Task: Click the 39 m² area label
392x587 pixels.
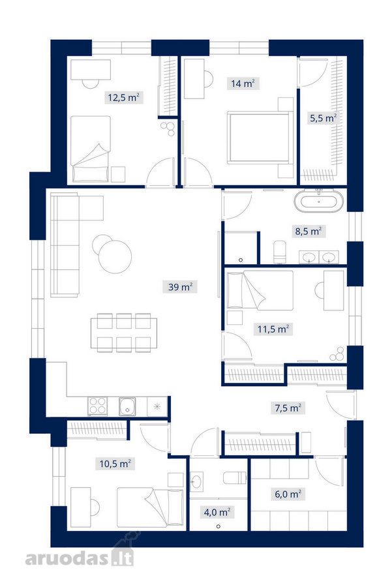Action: [180, 287]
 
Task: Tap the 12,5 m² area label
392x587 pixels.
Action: [123, 98]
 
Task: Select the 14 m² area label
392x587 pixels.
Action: [243, 83]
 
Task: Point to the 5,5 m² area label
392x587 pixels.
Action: [323, 118]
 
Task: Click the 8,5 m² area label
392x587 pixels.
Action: [309, 231]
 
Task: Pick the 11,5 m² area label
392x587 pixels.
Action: [273, 329]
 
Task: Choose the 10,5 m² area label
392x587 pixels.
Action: [115, 464]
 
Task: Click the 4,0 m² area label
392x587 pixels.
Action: [217, 512]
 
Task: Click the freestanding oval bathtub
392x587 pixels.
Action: [318, 202]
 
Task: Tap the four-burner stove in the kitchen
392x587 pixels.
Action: [97, 406]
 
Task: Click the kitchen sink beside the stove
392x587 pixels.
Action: [127, 406]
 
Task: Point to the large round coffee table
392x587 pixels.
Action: [115, 256]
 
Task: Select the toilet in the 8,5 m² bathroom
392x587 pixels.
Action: [280, 252]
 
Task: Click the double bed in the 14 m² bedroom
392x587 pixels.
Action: [259, 138]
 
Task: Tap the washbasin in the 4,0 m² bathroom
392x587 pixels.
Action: [196, 481]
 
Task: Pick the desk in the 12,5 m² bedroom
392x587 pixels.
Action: [91, 70]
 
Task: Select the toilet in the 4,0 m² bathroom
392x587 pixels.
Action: [235, 477]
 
